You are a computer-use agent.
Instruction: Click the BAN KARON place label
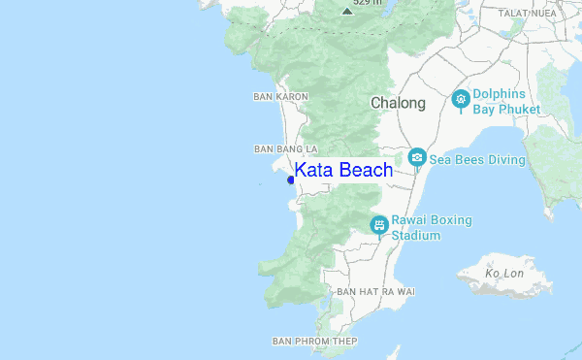click(280, 97)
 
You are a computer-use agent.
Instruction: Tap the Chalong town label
click(398, 103)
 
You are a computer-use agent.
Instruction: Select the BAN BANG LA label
click(285, 149)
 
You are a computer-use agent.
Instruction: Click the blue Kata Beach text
click(343, 171)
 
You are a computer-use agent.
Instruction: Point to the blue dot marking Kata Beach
click(291, 180)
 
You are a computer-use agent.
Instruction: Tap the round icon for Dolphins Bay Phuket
click(462, 98)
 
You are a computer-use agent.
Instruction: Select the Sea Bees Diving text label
click(477, 159)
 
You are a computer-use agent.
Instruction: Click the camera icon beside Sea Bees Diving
click(417, 156)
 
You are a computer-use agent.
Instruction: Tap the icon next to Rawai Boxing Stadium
click(379, 225)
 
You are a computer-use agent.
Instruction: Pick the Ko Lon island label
click(504, 274)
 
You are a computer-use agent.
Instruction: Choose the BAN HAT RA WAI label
click(375, 291)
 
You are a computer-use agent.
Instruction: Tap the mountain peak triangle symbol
click(347, 11)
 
